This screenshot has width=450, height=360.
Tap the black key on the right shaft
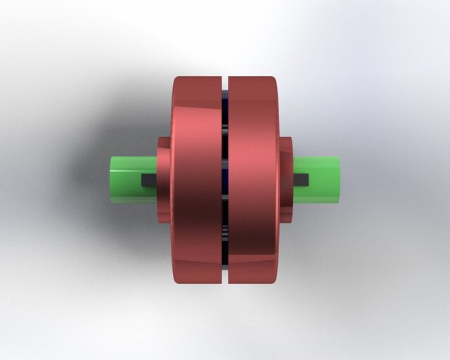pyautogui.click(x=302, y=179)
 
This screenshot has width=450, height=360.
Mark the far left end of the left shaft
pyautogui.click(x=112, y=179)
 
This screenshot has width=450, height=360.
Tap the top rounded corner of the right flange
pyautogui.click(x=271, y=81)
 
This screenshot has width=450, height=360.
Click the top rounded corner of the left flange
pyautogui.click(x=179, y=82)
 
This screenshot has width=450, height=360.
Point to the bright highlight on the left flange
pyautogui.click(x=184, y=120)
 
